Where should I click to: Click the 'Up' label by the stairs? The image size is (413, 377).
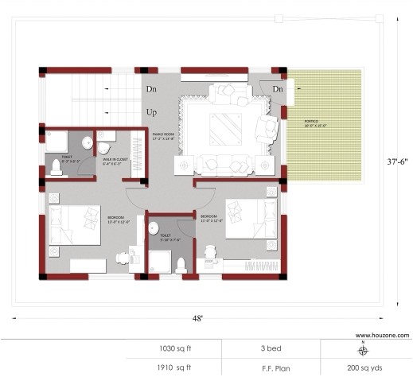[x=151, y=113]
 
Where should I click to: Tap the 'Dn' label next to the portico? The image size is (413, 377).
[x=278, y=88]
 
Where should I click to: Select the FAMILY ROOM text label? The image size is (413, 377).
[x=163, y=136]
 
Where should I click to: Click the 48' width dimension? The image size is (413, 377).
[x=197, y=318]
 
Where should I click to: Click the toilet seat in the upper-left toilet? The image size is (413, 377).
[x=56, y=166]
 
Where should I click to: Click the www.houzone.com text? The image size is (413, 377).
[x=382, y=335]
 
